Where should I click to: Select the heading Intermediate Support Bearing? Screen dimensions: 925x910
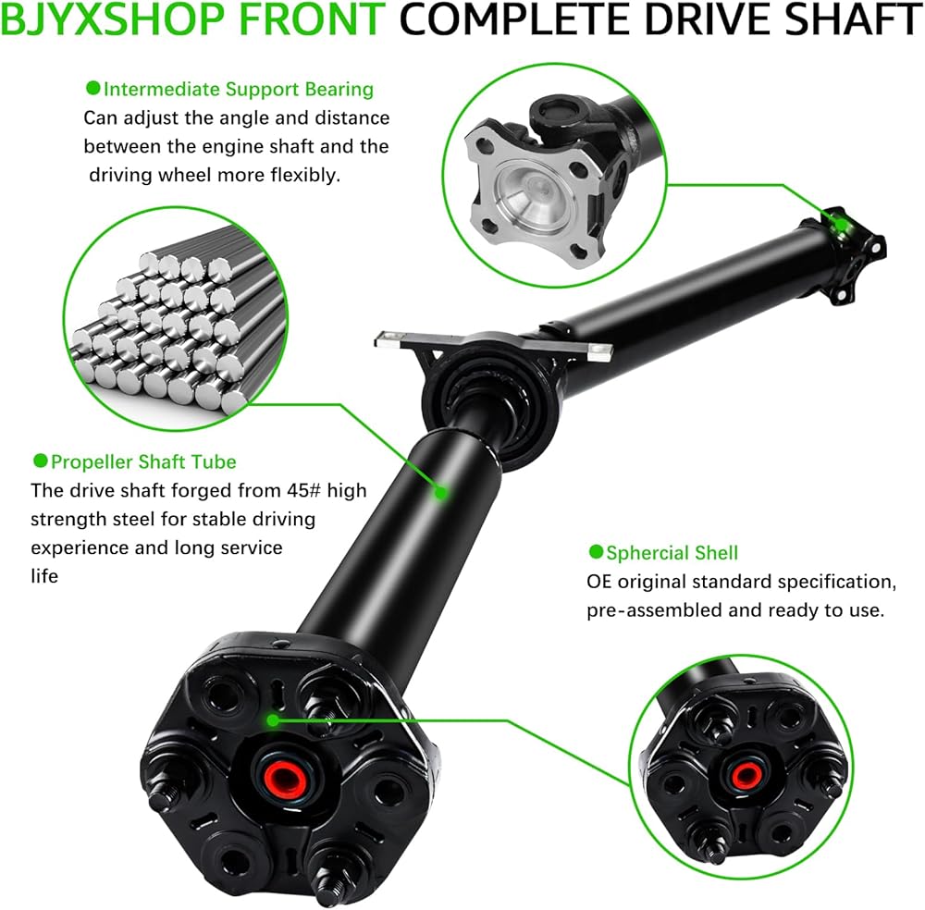(239, 89)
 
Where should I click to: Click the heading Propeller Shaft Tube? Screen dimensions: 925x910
(143, 461)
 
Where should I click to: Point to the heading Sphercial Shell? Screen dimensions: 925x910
(672, 553)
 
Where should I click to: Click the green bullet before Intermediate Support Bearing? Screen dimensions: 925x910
(92, 89)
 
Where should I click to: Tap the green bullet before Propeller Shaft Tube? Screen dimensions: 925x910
(40, 461)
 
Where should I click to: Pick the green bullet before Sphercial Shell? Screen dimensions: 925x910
(596, 551)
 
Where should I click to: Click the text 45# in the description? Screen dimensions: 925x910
(303, 491)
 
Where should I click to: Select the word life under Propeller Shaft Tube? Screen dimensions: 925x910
(44, 576)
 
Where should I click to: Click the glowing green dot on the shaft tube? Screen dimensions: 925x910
(440, 492)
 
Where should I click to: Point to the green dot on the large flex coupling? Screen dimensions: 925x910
(273, 720)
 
